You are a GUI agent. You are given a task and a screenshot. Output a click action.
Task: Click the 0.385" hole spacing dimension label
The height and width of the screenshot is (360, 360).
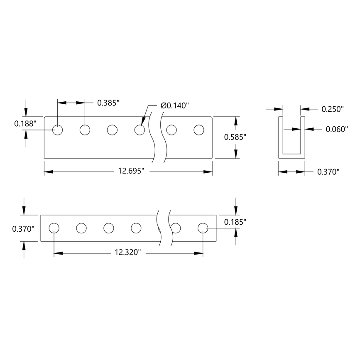[x=108, y=103]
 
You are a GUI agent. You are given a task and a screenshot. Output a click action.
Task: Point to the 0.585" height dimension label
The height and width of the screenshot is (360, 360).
[x=235, y=137]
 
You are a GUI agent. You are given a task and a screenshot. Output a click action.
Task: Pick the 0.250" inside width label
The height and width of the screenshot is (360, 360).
[x=333, y=109]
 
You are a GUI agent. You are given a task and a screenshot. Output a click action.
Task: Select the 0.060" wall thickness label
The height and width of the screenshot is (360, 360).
[x=336, y=130]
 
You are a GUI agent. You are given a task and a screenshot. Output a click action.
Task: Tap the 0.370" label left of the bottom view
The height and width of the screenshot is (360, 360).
[x=23, y=228]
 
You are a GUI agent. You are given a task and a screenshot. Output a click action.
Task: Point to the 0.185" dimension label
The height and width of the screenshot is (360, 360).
[x=235, y=222]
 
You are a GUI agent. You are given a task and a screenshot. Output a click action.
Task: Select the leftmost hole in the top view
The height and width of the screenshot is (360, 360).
[x=58, y=130]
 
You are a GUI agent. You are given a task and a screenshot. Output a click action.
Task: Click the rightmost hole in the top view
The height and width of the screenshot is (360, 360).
[x=199, y=130]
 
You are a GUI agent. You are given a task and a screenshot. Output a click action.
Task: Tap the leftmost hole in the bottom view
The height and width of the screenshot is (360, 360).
[x=54, y=228]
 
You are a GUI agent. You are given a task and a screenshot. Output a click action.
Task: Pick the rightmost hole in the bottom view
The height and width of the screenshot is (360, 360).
[x=203, y=228]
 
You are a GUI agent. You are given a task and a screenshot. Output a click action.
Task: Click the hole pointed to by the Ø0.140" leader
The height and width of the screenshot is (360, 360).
[x=140, y=130]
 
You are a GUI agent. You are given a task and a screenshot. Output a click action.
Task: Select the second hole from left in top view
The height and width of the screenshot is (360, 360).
[x=85, y=130]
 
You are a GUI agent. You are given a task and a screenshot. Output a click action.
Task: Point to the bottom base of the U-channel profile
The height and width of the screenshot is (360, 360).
[x=292, y=157]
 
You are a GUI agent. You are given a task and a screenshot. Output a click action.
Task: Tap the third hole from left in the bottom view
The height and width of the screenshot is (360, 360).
[x=109, y=228]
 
